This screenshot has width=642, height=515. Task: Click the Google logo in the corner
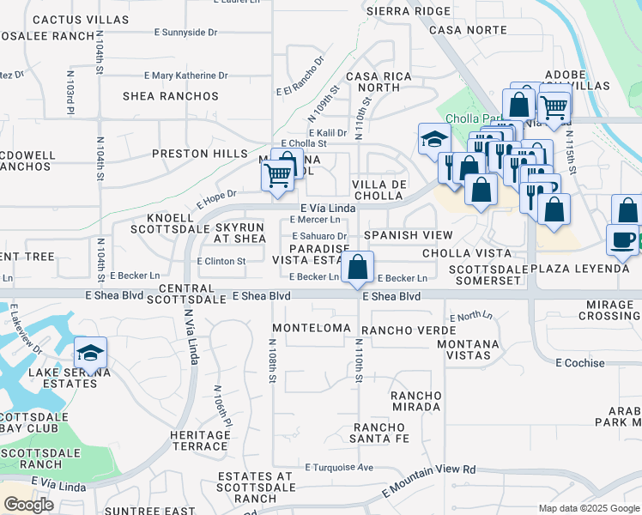[x=28, y=505]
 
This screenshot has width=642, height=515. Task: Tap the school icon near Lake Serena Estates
[x=90, y=352]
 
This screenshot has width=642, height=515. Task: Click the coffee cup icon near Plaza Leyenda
[x=622, y=239]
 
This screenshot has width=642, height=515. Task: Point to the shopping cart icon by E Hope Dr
[x=277, y=176]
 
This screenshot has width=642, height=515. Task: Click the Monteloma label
[x=312, y=328]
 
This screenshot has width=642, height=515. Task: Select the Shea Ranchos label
[x=171, y=96]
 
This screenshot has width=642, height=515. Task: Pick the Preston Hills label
[x=193, y=154]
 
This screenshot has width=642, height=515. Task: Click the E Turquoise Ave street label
[x=340, y=468]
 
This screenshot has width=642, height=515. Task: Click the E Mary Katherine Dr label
[x=189, y=76]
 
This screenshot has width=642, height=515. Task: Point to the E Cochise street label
[x=579, y=363]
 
